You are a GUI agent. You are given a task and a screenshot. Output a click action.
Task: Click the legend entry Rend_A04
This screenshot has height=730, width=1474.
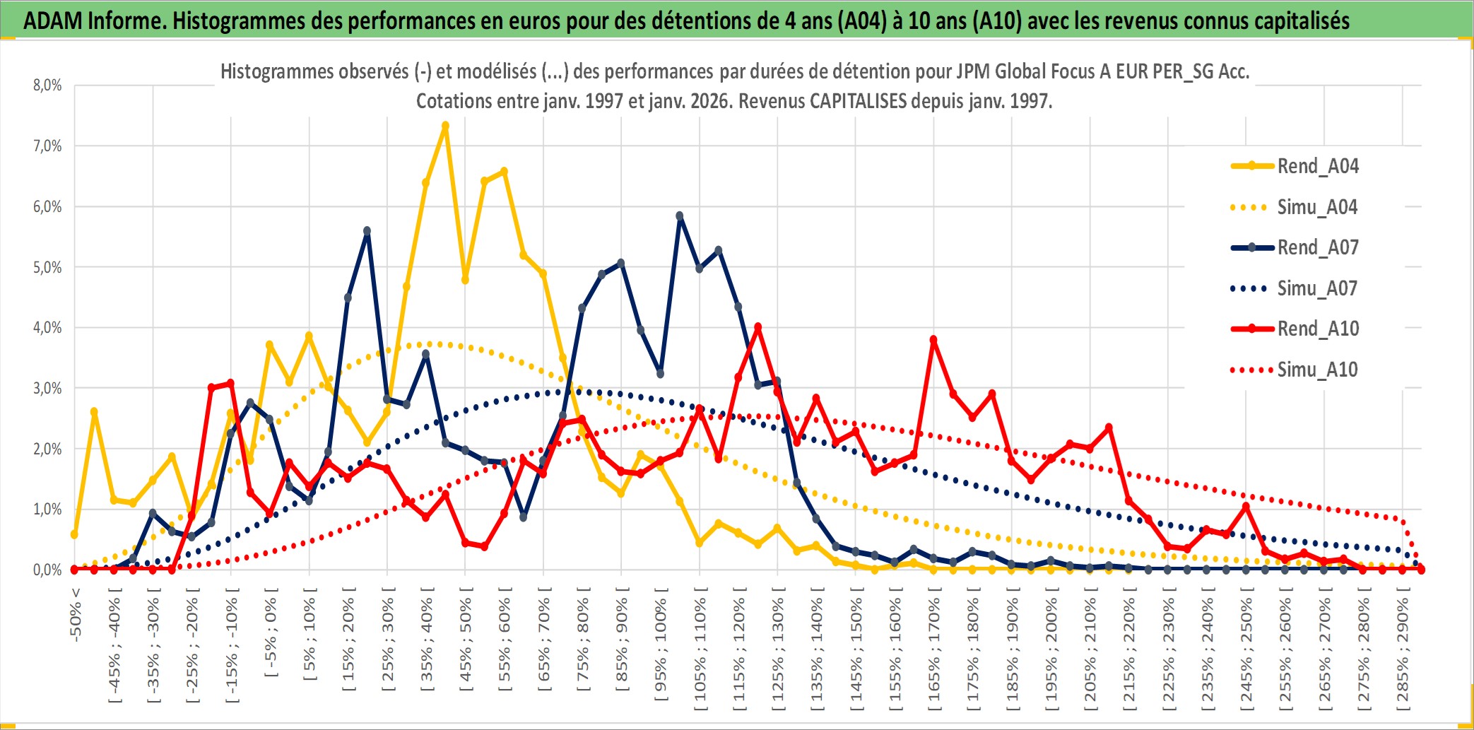(x=1317, y=166)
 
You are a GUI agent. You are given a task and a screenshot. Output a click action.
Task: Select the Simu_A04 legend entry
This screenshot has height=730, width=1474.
(x=1317, y=207)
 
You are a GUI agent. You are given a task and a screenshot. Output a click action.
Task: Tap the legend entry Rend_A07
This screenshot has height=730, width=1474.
(x=1317, y=247)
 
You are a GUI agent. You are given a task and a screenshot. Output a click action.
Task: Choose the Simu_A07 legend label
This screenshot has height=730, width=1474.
(x=1317, y=288)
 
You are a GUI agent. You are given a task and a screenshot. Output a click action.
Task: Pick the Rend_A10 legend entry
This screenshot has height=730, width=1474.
(x=1317, y=329)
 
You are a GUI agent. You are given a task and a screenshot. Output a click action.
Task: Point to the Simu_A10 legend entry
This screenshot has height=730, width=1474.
(x=1317, y=370)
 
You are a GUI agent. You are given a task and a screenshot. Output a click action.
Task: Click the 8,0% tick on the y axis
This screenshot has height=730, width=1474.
(x=47, y=86)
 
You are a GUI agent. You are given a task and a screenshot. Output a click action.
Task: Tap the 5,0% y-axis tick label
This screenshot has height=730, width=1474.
(x=47, y=268)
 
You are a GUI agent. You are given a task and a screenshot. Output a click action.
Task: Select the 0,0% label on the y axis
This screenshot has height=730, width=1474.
(x=47, y=570)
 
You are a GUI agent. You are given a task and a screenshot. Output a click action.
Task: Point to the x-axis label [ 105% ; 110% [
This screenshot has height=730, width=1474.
(x=700, y=650)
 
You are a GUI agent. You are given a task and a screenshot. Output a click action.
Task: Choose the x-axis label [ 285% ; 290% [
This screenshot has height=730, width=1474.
(x=1402, y=650)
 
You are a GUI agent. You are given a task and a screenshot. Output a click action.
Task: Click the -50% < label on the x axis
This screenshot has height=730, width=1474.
(x=76, y=614)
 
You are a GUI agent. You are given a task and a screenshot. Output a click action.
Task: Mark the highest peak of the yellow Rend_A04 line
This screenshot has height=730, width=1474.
(x=445, y=126)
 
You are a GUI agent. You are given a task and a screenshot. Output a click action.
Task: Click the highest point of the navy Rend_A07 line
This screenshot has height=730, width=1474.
(x=680, y=216)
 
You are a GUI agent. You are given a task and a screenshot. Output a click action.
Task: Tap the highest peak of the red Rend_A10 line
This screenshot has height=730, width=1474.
(x=757, y=326)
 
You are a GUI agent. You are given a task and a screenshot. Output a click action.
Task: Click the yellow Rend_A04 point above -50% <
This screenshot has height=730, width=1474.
(x=74, y=534)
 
